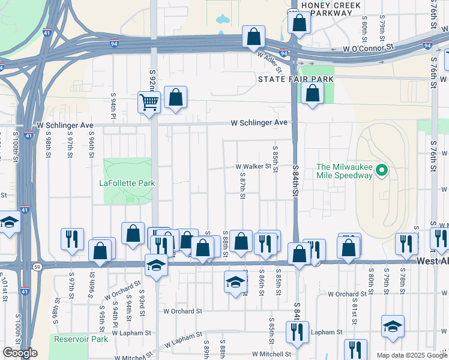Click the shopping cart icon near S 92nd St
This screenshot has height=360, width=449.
pos(149,101)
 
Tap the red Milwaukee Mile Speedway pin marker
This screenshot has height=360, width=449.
pos(381,172)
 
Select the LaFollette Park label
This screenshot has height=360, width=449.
pos(127,183)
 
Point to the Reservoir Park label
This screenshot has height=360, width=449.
pos(80,339)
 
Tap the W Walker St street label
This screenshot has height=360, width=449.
pos(253,166)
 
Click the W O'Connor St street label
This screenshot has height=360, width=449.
pos(367,46)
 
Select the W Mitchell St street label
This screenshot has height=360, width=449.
pos(271,354)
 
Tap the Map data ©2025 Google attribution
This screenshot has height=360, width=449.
pos(412,355)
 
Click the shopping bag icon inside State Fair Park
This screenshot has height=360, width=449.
pos(312,93)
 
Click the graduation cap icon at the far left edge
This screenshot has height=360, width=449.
pos(8,223)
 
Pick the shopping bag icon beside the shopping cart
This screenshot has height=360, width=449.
pos(175,97)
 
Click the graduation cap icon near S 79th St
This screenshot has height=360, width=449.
pos(393,326)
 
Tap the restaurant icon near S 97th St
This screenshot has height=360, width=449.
pos(72,239)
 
